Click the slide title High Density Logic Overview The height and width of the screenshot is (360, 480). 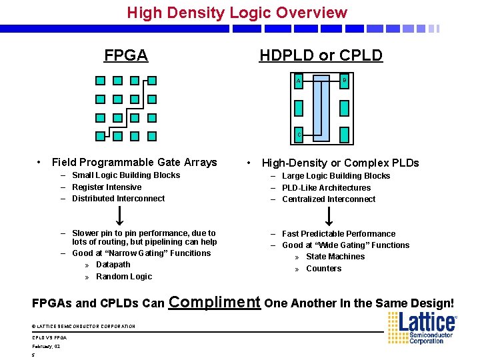coord(237,13)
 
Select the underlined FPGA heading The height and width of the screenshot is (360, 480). coord(126,55)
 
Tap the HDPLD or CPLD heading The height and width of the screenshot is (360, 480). coord(321,55)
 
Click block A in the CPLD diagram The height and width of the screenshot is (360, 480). coord(299,81)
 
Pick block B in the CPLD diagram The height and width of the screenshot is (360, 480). coord(344,81)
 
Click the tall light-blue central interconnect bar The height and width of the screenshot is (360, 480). coord(322,107)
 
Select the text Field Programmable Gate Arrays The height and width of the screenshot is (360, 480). coord(134,162)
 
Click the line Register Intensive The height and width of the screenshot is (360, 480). coord(107,187)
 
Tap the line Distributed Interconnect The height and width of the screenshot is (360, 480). coord(118,199)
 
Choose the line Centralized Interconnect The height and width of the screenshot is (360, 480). coord(329,199)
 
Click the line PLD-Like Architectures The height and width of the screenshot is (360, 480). coord(326,188)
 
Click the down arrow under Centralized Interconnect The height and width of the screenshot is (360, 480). coord(329,215)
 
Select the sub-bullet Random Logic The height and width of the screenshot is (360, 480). coord(124,277)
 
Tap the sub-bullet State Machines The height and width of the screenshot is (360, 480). coord(335,257)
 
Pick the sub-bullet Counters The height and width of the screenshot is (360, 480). coord(323,269)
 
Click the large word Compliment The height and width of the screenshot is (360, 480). coord(215,301)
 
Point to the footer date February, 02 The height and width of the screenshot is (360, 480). coord(46,347)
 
